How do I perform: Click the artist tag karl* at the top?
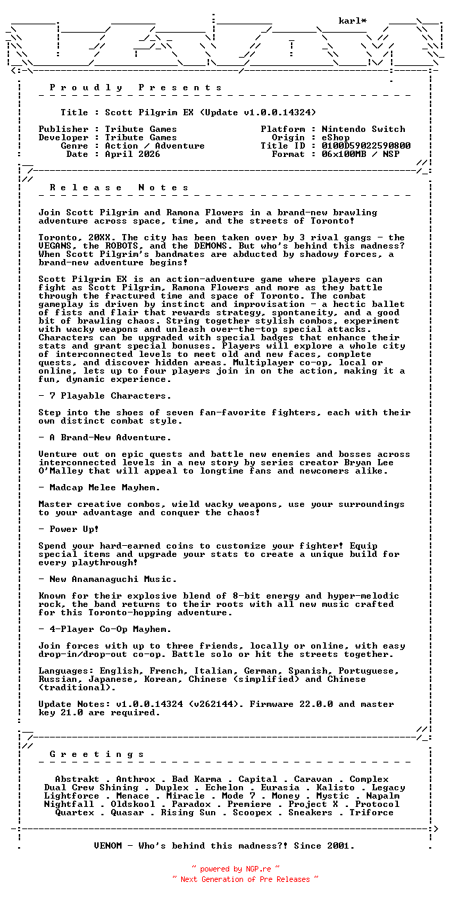point(353,21)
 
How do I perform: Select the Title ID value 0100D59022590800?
point(366,146)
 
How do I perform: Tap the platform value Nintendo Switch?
point(363,129)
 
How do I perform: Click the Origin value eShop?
point(335,137)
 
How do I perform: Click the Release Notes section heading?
point(119,187)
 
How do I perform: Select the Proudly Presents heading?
point(136,87)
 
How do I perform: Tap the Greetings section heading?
point(97,754)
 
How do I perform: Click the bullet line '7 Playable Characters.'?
point(108,396)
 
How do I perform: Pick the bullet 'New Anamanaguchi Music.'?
point(110,579)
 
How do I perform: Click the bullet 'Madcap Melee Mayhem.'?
point(105,487)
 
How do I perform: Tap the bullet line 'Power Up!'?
point(72,529)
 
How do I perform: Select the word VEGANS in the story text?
point(55,246)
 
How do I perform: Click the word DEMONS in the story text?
point(202,246)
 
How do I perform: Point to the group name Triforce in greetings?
point(372,812)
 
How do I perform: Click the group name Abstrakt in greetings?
point(77,779)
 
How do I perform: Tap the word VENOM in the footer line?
point(108,846)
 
